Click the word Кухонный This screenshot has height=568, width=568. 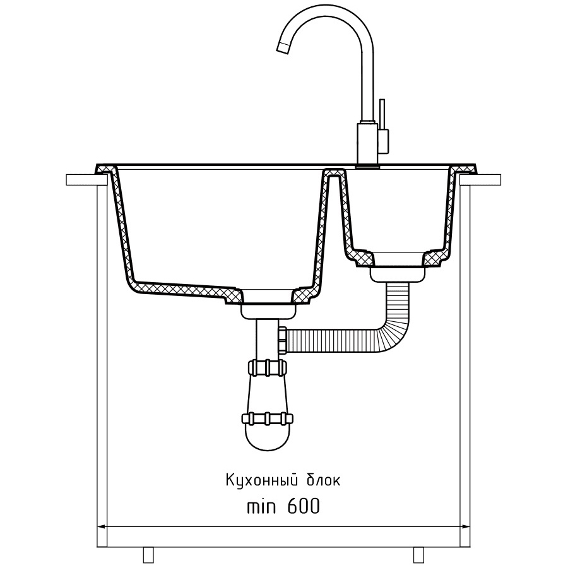(263, 481)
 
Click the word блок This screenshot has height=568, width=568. (324, 482)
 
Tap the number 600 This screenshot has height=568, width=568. (304, 506)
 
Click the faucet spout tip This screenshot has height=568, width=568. (283, 48)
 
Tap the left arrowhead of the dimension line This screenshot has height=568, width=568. (101, 526)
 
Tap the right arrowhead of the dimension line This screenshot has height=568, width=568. (466, 526)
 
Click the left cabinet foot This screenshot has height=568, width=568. (148, 554)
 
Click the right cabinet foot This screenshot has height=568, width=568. (419, 554)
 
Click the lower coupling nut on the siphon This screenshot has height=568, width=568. (268, 418)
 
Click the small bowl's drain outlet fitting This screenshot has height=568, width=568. (398, 274)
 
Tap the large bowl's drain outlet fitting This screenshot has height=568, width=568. (268, 311)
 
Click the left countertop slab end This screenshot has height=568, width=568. (81, 180)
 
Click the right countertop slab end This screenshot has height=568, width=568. (481, 180)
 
